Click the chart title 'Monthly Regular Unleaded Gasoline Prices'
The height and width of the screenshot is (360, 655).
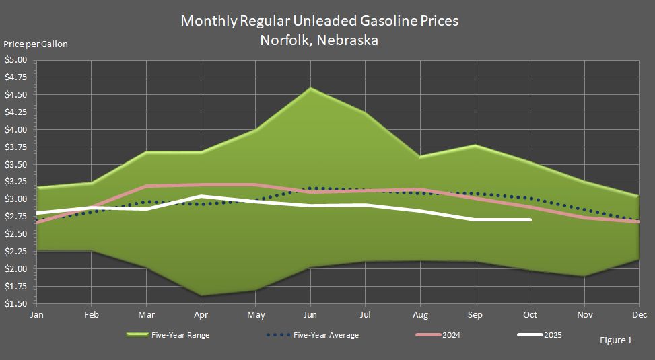click(x=319, y=21)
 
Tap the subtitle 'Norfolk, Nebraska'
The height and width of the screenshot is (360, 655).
click(x=319, y=40)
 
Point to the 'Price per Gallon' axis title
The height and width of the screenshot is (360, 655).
click(x=36, y=44)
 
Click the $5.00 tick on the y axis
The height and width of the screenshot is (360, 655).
click(x=15, y=60)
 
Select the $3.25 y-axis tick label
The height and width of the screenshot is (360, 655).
click(x=15, y=182)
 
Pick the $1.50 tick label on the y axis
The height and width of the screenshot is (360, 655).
click(x=15, y=304)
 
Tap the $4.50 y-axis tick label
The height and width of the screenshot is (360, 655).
click(x=15, y=95)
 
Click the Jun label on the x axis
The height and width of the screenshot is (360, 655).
click(x=310, y=315)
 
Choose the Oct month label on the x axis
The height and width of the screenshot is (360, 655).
click(x=530, y=315)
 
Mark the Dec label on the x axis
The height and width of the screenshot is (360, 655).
click(x=640, y=315)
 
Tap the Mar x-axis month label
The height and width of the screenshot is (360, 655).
click(x=146, y=315)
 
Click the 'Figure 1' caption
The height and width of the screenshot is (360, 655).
click(x=615, y=340)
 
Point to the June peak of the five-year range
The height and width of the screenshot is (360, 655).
click(x=310, y=88)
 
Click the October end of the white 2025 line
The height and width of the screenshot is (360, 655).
click(x=530, y=219)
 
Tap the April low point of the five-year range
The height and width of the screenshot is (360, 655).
click(x=201, y=295)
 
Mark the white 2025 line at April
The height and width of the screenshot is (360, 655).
click(x=201, y=196)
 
